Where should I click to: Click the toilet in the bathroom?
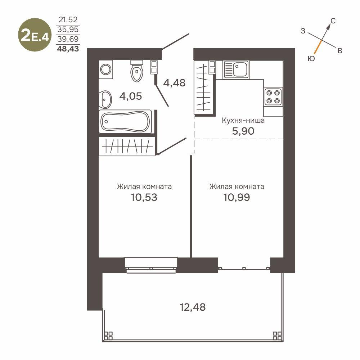point(137,71)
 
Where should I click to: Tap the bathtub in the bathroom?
point(125,121)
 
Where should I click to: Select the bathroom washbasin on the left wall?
point(105,99)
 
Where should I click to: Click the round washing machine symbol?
point(106,69)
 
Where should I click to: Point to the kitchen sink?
point(236,69)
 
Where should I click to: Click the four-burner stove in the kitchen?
point(273,96)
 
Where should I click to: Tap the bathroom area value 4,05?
point(131,96)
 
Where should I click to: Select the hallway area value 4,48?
point(174,83)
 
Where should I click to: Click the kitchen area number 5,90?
point(243,131)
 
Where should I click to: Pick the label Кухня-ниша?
point(243,120)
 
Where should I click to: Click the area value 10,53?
point(144,197)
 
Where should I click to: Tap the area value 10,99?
point(237,197)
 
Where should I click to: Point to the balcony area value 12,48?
point(193,307)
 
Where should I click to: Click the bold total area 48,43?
point(68,49)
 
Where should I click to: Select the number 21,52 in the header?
point(68,20)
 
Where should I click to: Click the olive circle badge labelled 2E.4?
point(35,35)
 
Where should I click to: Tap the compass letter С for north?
point(333,21)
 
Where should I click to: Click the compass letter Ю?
point(311,59)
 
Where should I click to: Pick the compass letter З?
point(303,31)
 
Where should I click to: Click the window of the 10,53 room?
point(151,265)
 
